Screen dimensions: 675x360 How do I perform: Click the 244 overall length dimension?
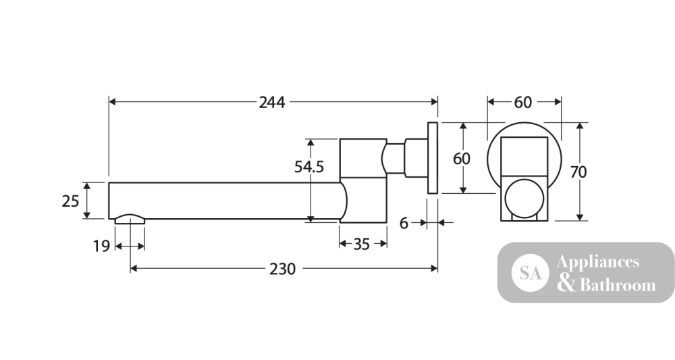271,103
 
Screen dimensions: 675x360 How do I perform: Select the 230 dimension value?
282,269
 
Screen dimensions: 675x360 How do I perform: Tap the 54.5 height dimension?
309,167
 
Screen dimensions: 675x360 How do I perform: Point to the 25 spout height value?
71,201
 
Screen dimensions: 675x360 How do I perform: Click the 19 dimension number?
102,247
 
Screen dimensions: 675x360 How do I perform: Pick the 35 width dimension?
362,244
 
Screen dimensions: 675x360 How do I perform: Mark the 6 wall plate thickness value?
404,223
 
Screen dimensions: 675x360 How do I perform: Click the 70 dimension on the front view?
578,172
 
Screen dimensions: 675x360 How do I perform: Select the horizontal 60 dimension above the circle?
523,103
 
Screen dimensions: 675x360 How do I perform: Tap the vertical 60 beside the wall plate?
462,159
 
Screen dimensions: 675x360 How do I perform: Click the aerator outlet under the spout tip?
130,220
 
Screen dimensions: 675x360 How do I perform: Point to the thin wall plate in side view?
433,157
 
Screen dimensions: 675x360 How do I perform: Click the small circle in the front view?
524,199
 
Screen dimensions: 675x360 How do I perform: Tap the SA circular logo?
531,273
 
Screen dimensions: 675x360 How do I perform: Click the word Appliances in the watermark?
597,262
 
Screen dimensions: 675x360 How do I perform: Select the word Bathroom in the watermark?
618,285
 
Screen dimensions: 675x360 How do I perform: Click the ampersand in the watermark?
566,284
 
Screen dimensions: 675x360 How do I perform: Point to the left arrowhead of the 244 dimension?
113,102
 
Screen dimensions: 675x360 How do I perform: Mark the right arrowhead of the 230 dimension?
434,269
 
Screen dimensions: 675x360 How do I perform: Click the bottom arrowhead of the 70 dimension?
579,217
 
